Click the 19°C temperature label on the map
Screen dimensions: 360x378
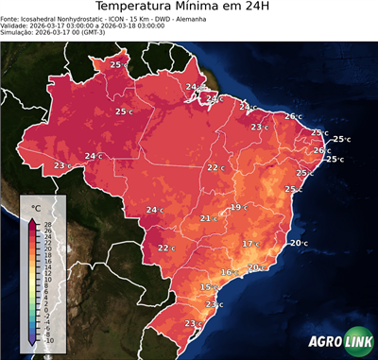click(238, 207)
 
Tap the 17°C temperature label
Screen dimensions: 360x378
click(250, 244)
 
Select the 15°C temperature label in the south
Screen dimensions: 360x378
click(209, 286)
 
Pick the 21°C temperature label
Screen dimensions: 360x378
click(208, 218)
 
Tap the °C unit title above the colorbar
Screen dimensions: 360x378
click(36, 207)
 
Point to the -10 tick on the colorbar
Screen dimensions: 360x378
click(49, 340)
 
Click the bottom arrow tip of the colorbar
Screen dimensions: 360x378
click(32, 345)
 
